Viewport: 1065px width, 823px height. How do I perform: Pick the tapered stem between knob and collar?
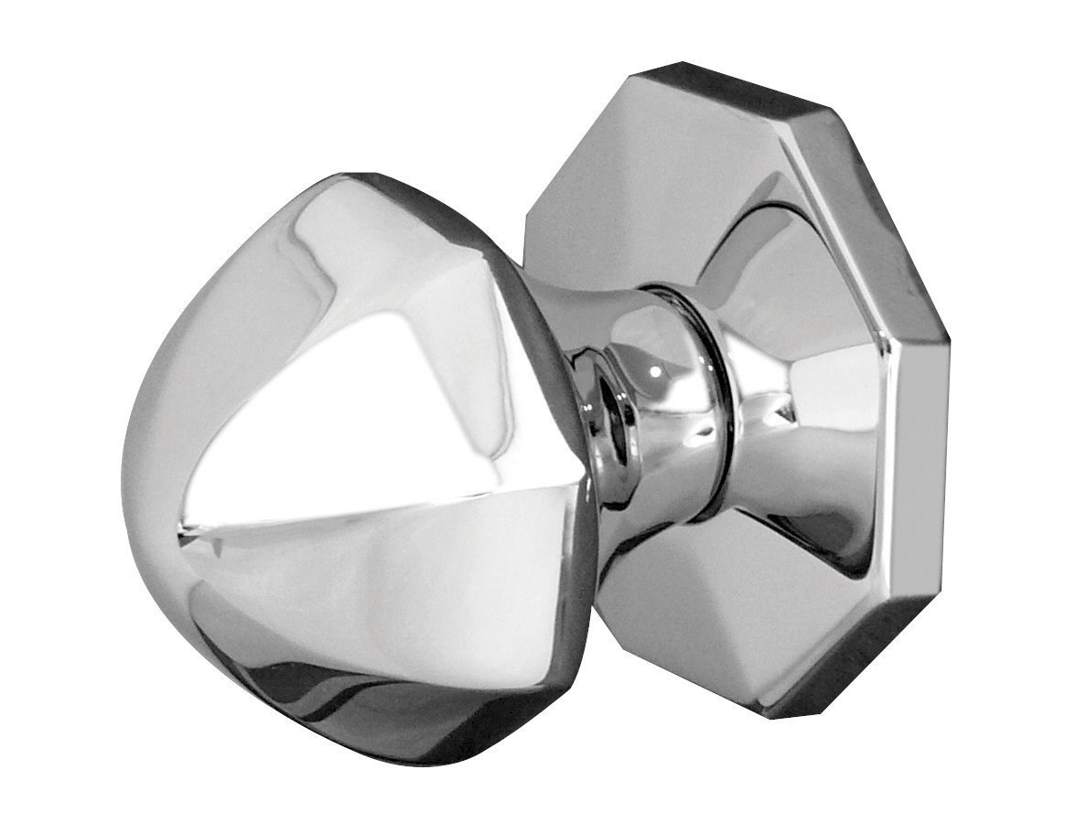(586, 366)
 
